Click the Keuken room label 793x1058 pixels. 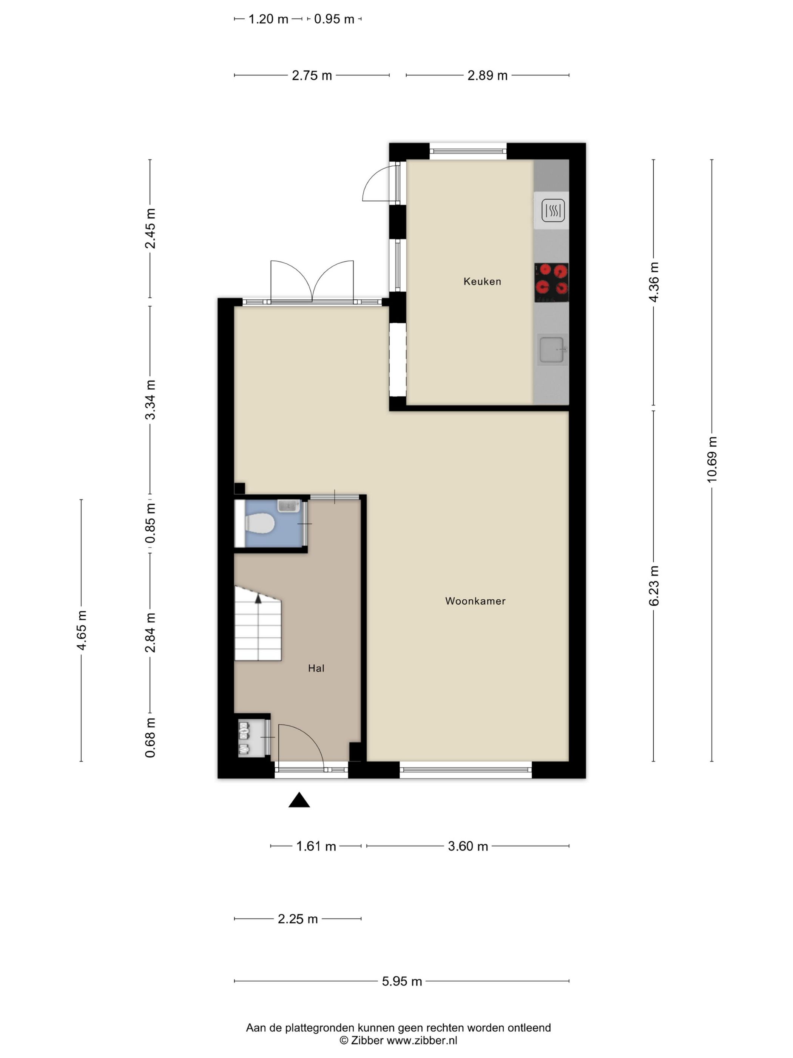pyautogui.click(x=482, y=281)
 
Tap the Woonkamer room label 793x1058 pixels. pyautogui.click(x=475, y=601)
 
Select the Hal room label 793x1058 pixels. pyautogui.click(x=316, y=668)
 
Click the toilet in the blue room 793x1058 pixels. pyautogui.click(x=259, y=523)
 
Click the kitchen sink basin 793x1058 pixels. pyautogui.click(x=552, y=350)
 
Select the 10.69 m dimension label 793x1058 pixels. pyautogui.click(x=712, y=459)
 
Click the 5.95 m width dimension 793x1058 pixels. pyautogui.click(x=401, y=981)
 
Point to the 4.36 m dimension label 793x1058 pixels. pyautogui.click(x=653, y=282)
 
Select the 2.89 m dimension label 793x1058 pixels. pyautogui.click(x=487, y=76)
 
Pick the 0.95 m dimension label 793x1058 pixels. pyautogui.click(x=334, y=19)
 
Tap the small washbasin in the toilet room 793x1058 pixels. pyautogui.click(x=288, y=506)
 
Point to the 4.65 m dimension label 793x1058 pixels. pyautogui.click(x=81, y=630)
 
